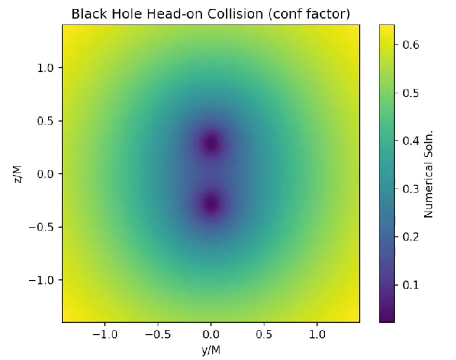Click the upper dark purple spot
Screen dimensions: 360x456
point(211,143)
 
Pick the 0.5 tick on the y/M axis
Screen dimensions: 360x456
point(264,334)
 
